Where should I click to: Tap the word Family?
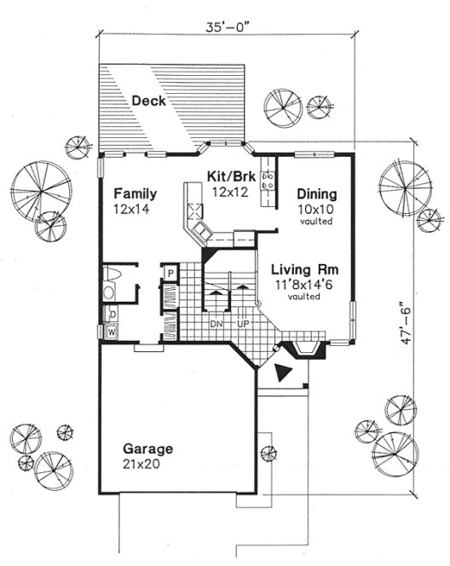(135, 192)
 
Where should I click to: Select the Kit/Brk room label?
(227, 176)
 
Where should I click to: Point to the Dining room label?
(316, 193)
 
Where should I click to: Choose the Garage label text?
(147, 449)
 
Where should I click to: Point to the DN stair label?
(216, 325)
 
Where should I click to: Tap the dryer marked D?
(112, 314)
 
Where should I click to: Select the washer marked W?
(112, 330)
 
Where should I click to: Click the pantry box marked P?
(170, 274)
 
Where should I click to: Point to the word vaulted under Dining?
(316, 220)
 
